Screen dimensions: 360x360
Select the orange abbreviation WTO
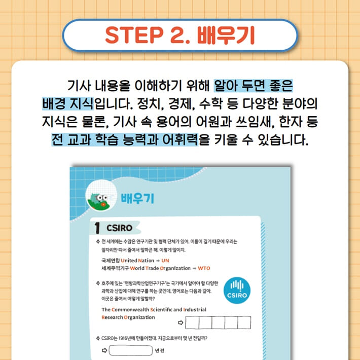pos(204,268)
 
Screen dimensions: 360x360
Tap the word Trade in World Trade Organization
pos(158,268)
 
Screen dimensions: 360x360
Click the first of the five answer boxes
pos(193,322)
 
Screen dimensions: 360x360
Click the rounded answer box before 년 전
pos(131,350)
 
